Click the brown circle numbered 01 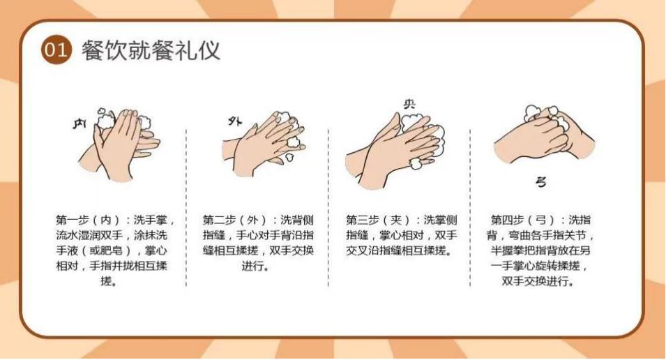click(x=56, y=50)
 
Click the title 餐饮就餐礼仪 click(x=151, y=50)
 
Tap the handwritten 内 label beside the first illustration click(x=80, y=123)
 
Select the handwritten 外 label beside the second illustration click(x=235, y=121)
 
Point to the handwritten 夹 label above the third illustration click(x=409, y=104)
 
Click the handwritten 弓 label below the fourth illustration click(x=540, y=182)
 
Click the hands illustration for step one click(x=119, y=144)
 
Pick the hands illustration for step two click(x=264, y=144)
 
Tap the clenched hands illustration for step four click(x=544, y=135)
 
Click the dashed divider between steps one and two click(x=186, y=208)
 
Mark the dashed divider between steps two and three click(x=328, y=208)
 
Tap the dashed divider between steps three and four click(x=470, y=208)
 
